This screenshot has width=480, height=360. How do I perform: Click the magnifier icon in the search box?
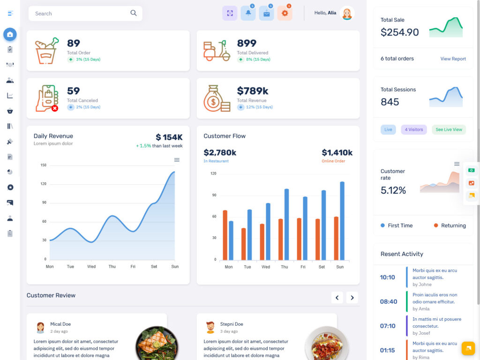point(134,13)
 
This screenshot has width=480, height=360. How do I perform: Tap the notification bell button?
point(248,14)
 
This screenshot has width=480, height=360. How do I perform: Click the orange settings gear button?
point(285,14)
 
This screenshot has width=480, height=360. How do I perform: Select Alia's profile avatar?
point(347,14)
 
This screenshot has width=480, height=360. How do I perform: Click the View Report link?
point(453,59)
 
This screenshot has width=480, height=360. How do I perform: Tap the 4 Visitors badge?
point(413,130)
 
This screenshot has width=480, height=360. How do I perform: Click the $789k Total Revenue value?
point(253,91)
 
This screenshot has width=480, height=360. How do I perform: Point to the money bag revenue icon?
point(216,98)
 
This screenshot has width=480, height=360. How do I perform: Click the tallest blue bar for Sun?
point(342,221)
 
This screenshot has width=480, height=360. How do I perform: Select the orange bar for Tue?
point(244,244)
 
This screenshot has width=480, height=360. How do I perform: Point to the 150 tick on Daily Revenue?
point(44,165)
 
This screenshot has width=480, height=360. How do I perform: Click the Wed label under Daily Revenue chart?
point(91,267)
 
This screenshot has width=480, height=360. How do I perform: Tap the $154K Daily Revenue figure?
point(169,137)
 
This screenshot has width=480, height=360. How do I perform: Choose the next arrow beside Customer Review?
point(352,297)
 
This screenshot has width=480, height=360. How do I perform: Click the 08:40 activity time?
point(388,302)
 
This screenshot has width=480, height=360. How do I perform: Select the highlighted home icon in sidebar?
point(10,34)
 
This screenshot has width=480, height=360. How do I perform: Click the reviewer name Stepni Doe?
point(232,324)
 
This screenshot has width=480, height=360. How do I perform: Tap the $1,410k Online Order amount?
point(337,153)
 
